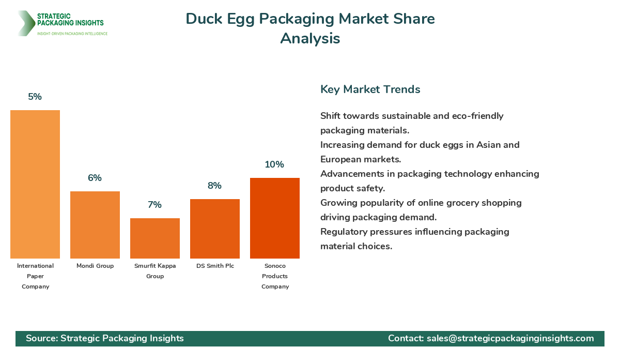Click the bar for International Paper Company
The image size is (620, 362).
pyautogui.click(x=35, y=184)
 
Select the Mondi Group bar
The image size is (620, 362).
pyautogui.click(x=95, y=225)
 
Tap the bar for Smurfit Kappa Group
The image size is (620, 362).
pyautogui.click(x=155, y=238)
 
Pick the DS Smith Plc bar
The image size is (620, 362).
pyautogui.click(x=215, y=229)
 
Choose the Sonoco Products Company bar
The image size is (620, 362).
pyautogui.click(x=275, y=218)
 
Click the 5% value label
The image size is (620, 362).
pyautogui.click(x=35, y=97)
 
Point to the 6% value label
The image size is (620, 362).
pyautogui.click(x=95, y=178)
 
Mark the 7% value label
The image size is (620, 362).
pyautogui.click(x=155, y=205)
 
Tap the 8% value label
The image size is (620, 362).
pyautogui.click(x=215, y=186)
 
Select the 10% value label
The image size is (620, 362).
pyautogui.click(x=275, y=164)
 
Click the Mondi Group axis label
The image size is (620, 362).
pyautogui.click(x=95, y=266)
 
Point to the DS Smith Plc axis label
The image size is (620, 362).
pyautogui.click(x=215, y=266)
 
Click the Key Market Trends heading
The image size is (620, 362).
pyautogui.click(x=370, y=89)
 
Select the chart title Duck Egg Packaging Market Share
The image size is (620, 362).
pyautogui.click(x=310, y=19)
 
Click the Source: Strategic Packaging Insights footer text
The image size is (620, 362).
pyautogui.click(x=105, y=338)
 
